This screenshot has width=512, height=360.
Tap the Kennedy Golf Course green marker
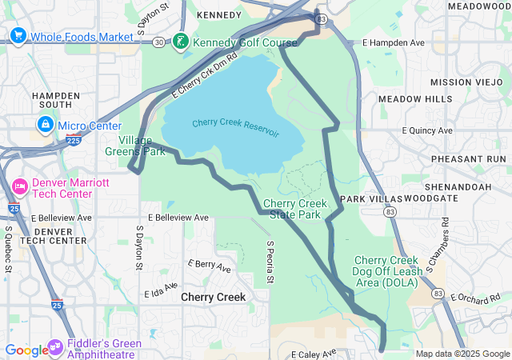[x=182, y=41]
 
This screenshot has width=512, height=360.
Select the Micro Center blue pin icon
[x=46, y=126]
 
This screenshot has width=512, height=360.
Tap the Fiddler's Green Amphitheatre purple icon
[x=56, y=347]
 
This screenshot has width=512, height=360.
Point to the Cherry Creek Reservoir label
[x=235, y=127]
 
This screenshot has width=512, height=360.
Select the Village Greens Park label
[x=135, y=145]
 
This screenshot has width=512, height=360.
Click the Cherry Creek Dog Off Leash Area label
[x=386, y=272]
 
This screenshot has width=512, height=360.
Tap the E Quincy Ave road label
[x=428, y=130]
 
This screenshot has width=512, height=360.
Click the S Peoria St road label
[x=270, y=262]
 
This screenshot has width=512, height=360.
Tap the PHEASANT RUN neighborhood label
[x=469, y=159]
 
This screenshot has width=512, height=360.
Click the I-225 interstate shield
[x=74, y=140]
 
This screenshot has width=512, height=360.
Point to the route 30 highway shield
[x=159, y=42]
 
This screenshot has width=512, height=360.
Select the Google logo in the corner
[x=26, y=350]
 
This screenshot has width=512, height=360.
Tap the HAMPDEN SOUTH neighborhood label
[x=56, y=100]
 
